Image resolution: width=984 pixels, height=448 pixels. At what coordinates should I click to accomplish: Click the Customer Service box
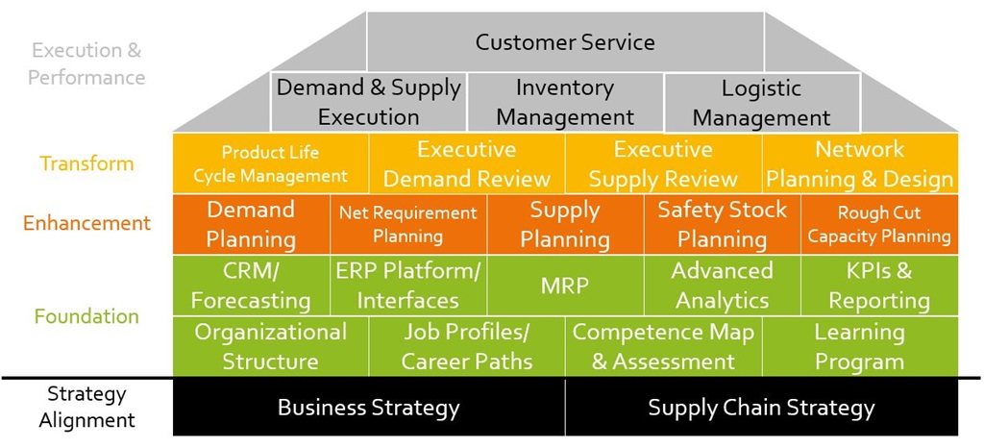point(565,42)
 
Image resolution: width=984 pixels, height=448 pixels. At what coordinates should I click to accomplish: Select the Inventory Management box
point(565,102)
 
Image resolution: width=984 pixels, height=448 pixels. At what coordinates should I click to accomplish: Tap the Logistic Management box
point(761,103)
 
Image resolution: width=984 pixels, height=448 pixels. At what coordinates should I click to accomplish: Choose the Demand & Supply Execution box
point(368,102)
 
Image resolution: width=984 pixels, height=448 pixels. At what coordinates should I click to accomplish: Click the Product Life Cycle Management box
point(270,163)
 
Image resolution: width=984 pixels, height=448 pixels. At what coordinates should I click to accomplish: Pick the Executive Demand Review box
point(467,163)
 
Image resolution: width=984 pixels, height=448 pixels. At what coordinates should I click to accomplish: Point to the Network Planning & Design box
point(859,163)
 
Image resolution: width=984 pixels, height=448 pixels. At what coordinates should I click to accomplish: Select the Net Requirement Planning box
point(407,224)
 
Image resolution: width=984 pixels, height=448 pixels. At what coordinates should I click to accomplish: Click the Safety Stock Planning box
point(722,224)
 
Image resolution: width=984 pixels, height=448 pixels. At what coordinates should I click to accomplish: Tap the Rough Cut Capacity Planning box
point(878,224)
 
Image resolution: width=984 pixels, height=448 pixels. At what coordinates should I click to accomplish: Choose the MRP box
point(565,285)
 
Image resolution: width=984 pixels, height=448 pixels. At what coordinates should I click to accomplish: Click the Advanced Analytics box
point(722,285)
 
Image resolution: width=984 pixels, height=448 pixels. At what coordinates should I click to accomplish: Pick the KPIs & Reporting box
point(878,285)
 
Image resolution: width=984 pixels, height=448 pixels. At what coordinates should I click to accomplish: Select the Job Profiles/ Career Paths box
point(467,346)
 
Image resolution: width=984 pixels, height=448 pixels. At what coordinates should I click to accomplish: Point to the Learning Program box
point(859,346)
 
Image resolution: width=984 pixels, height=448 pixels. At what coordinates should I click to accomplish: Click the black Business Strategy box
point(368,408)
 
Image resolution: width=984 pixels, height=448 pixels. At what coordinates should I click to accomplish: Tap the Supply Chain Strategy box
point(761,408)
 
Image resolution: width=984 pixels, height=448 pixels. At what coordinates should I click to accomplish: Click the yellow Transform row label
point(87,163)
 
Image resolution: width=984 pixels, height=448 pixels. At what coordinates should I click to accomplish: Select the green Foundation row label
point(86,316)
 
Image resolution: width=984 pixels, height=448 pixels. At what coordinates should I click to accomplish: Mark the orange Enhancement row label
point(87,223)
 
